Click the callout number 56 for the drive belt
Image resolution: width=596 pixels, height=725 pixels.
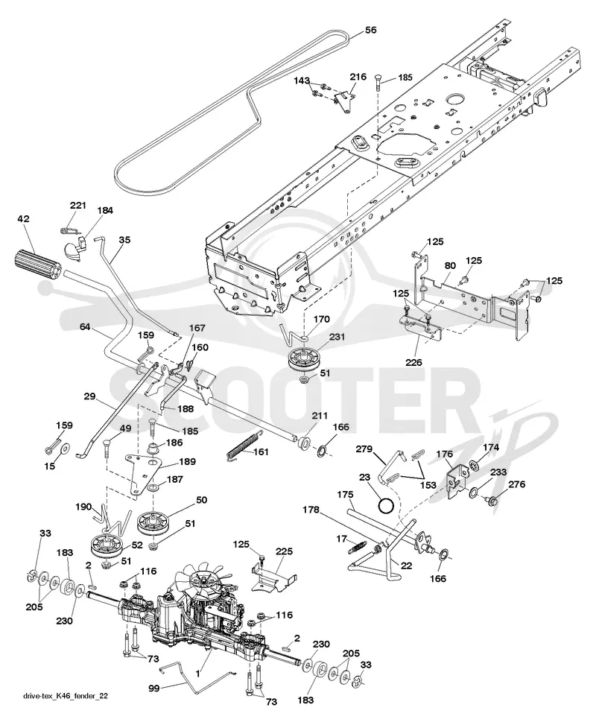pos(370,30)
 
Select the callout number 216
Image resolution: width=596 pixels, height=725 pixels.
pos(358,77)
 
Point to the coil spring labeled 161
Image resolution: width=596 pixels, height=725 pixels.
pos(245,445)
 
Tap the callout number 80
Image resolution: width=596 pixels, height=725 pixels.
pos(450,266)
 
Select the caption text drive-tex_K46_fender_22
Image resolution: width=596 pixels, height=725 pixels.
pos(66,709)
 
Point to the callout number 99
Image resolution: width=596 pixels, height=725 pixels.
pos(154,688)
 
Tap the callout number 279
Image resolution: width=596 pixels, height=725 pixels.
pos(364,449)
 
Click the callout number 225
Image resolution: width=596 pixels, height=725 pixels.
pos(285,551)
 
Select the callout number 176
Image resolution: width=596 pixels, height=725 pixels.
pos(444,454)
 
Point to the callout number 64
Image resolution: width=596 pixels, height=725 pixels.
pos(85,327)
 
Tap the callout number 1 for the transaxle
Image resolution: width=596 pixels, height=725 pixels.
pos(197,674)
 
